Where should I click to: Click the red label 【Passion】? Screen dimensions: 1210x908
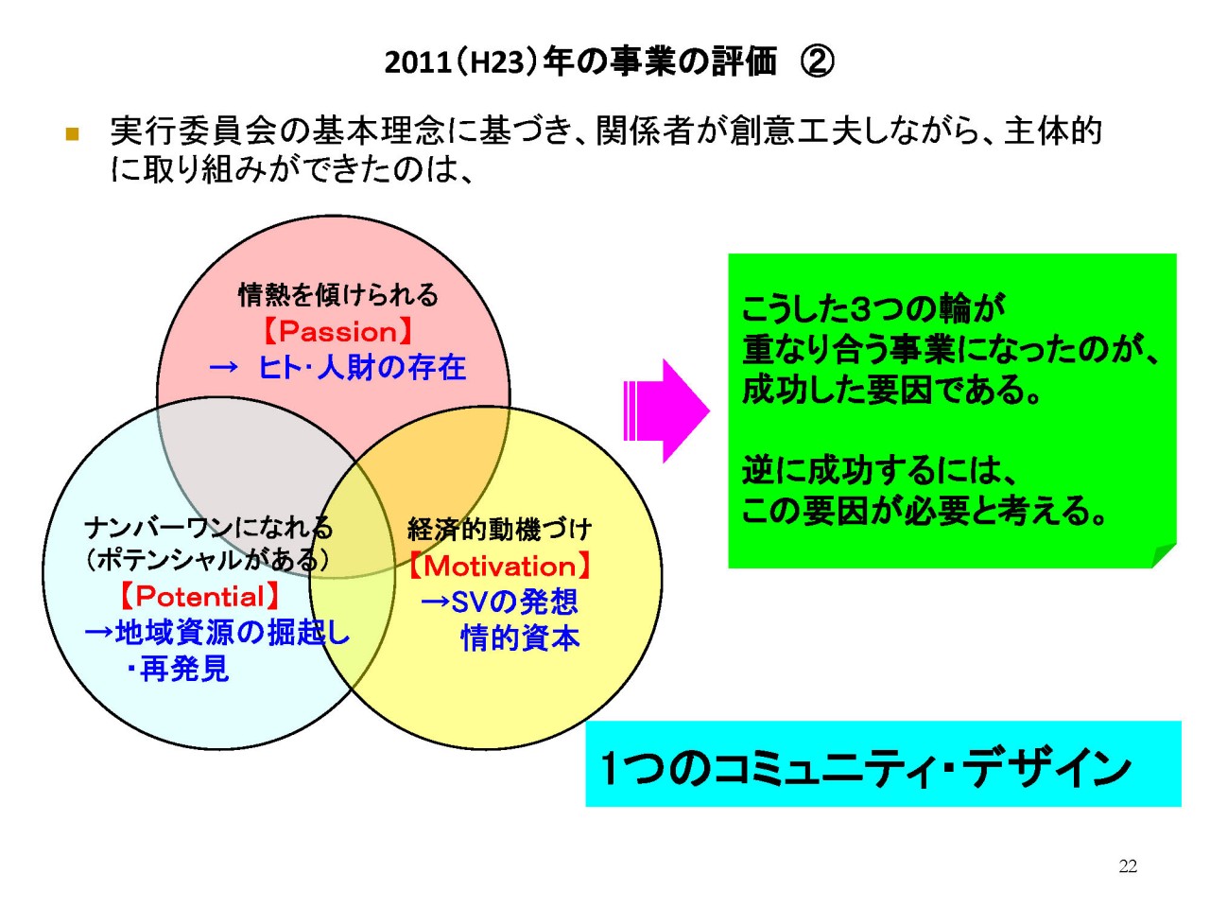coord(337,331)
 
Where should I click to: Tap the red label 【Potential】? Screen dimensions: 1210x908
coord(199,596)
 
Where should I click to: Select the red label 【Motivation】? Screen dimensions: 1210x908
coord(500,566)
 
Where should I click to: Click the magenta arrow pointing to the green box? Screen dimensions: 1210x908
coord(665,410)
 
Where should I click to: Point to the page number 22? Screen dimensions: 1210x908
coord(1128,866)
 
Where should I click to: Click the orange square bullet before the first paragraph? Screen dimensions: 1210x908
coord(72,134)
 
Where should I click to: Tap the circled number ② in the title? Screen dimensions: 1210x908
coord(817,61)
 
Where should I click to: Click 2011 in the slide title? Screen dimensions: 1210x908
coord(418,62)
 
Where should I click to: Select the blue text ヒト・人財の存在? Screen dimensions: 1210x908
coord(362,368)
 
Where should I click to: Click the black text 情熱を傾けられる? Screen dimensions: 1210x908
coord(337,295)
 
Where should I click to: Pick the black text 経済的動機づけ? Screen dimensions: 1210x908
coord(499,529)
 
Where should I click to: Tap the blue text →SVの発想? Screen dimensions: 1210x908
coord(500,602)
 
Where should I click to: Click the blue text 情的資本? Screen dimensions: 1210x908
coord(520,637)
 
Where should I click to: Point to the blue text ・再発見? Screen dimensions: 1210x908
coord(178,669)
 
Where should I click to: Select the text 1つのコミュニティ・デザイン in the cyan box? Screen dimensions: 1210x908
coord(866,768)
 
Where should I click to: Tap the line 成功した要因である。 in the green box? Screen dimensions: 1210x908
coord(891,390)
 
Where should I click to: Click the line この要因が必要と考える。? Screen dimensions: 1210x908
coord(925,511)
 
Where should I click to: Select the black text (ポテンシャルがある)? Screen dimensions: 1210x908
coord(207,560)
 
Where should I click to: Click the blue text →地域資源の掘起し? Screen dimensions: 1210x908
coord(217,632)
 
